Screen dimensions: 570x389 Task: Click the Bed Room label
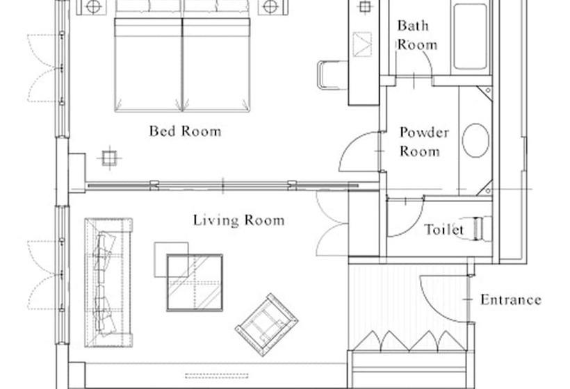(185, 131)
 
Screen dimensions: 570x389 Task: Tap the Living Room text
(238, 220)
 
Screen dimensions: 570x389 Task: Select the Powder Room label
(424, 142)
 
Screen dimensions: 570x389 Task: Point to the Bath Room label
(417, 35)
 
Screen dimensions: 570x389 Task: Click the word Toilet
(444, 229)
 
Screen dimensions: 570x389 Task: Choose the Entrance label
(511, 299)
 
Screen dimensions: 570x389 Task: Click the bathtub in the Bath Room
(470, 36)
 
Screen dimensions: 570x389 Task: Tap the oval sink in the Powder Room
(475, 140)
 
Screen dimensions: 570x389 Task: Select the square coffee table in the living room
(195, 283)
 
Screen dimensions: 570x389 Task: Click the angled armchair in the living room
(266, 324)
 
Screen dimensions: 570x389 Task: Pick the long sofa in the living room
(108, 283)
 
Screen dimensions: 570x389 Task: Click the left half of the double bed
(148, 65)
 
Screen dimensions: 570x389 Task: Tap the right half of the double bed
(216, 65)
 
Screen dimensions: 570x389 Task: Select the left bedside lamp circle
(93, 6)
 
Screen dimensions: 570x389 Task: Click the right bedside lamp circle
(270, 6)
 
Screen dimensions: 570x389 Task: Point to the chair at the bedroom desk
(332, 75)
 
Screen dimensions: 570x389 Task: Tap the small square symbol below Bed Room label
(108, 158)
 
